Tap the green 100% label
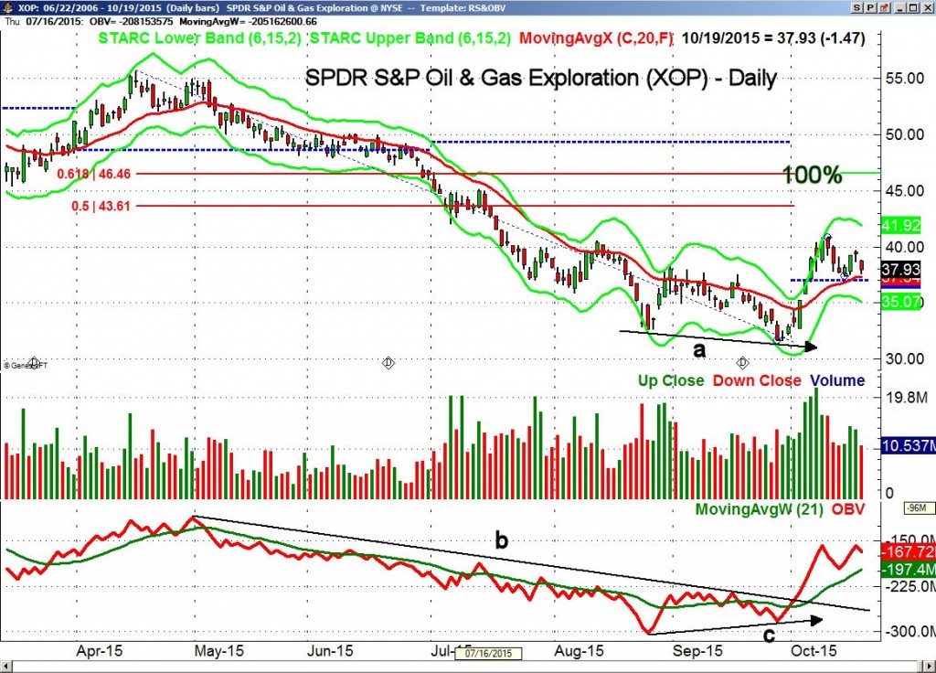[x=813, y=176]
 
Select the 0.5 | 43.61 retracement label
[x=108, y=206]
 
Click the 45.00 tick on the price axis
[x=902, y=190]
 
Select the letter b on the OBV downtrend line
[x=501, y=539]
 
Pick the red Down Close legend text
[x=755, y=380]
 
